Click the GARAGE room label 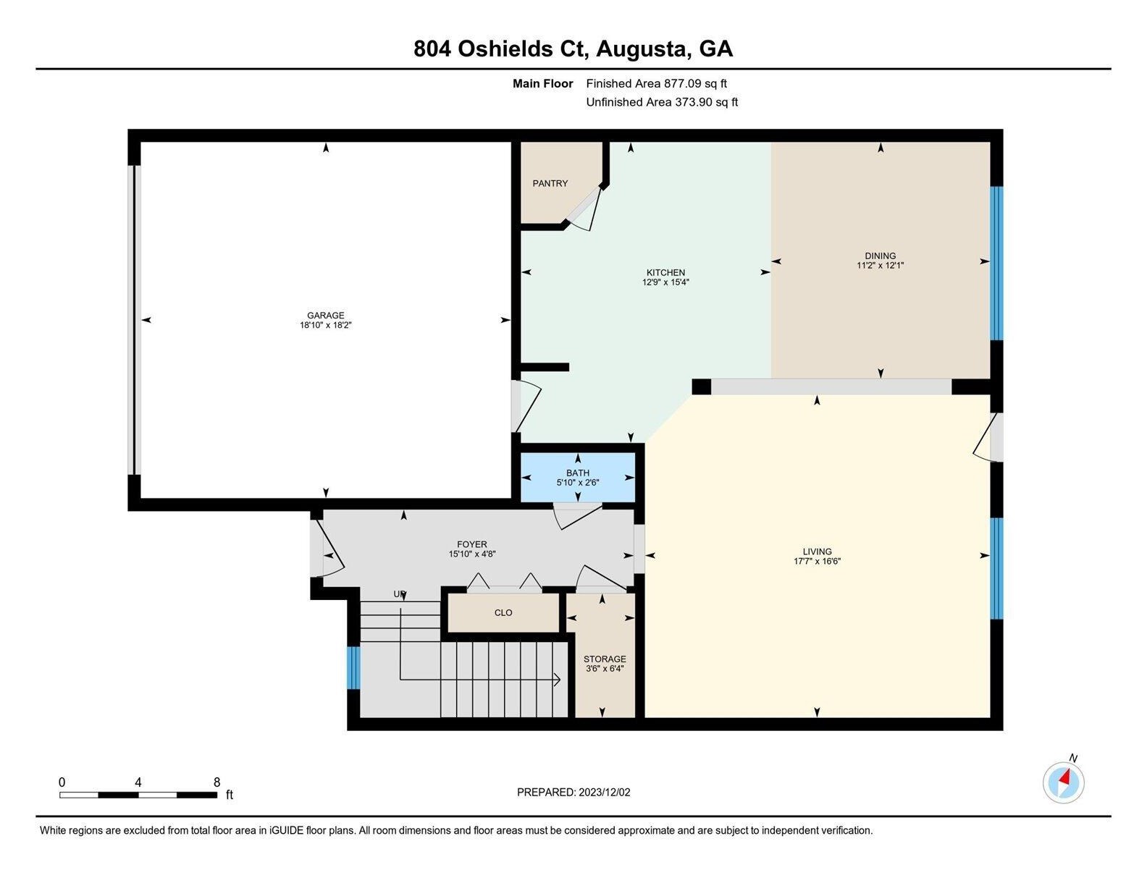pyautogui.click(x=325, y=316)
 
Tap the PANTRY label pyautogui.click(x=550, y=184)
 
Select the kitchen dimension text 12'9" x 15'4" pyautogui.click(x=665, y=282)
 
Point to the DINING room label pyautogui.click(x=880, y=255)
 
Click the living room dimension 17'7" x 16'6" pyautogui.click(x=817, y=561)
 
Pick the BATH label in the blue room pyautogui.click(x=577, y=473)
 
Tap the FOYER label pyautogui.click(x=472, y=544)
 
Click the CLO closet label pyautogui.click(x=503, y=612)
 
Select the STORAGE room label pyautogui.click(x=605, y=659)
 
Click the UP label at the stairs pyautogui.click(x=400, y=594)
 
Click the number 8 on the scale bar pyautogui.click(x=217, y=782)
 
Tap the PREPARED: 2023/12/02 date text pyautogui.click(x=573, y=793)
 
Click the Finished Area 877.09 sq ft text pyautogui.click(x=656, y=83)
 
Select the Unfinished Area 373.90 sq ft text pyautogui.click(x=661, y=102)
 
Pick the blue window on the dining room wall pyautogui.click(x=996, y=263)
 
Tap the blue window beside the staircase pyautogui.click(x=353, y=668)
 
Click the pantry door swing pyautogui.click(x=584, y=209)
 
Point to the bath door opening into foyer pyautogui.click(x=577, y=516)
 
